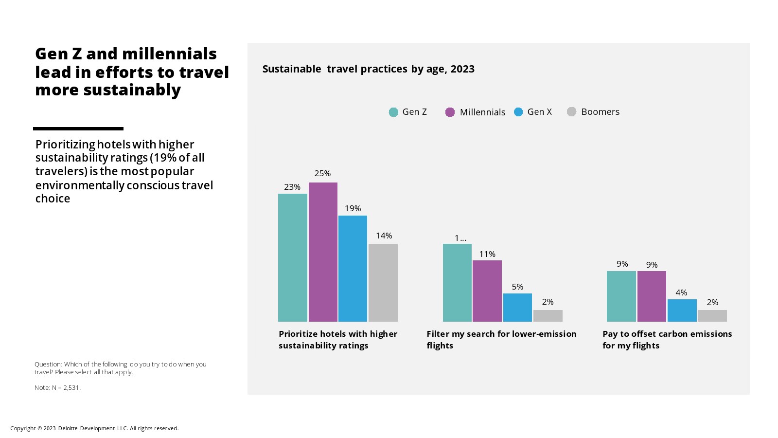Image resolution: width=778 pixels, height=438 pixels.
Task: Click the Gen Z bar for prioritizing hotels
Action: point(292,257)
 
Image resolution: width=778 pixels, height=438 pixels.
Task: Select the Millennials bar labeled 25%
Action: point(323,252)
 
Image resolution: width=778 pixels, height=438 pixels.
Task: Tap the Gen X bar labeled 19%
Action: point(353,269)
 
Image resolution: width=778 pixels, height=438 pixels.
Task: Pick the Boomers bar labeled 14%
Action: point(383,283)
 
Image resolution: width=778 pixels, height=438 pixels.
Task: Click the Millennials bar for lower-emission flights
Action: point(487,291)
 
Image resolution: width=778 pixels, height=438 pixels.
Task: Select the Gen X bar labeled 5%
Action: point(517,308)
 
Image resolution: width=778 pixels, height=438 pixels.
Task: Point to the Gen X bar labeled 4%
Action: point(682,310)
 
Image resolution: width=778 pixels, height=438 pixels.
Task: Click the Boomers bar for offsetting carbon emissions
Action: point(712,316)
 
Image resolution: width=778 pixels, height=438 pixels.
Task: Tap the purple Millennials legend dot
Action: point(450,112)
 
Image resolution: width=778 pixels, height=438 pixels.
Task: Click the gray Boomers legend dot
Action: point(572,112)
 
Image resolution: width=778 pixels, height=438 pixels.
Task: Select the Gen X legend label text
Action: point(539,112)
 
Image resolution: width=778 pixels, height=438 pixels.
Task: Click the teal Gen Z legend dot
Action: point(393,112)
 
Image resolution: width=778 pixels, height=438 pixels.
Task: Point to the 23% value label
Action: point(292,187)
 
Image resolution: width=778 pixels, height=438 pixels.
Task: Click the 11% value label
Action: point(487,254)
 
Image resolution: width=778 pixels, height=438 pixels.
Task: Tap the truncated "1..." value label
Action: point(460,238)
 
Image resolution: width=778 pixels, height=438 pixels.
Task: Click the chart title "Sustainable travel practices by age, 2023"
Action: point(368,69)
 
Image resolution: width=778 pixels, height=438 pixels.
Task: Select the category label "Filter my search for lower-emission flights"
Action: point(501,340)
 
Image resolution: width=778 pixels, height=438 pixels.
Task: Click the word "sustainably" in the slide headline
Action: point(132,90)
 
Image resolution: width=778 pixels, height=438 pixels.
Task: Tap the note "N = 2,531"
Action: point(57,388)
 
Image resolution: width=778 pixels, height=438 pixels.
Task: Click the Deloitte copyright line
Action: point(94,428)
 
